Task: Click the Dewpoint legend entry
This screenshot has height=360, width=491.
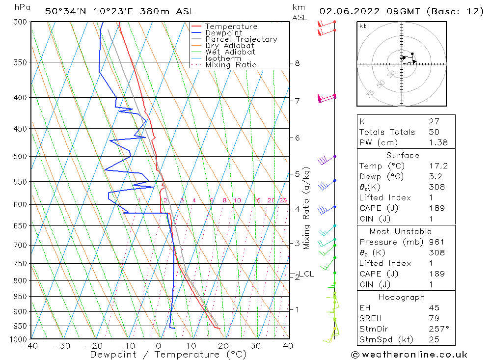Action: (223, 33)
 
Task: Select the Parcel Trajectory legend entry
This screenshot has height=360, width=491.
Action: (241, 39)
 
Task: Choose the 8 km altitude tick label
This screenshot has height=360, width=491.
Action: (297, 63)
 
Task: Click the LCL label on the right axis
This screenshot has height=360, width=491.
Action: (306, 274)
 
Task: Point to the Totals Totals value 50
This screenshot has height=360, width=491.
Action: (434, 132)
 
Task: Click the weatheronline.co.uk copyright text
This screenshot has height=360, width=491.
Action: (409, 354)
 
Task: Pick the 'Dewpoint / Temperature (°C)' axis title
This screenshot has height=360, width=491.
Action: (168, 354)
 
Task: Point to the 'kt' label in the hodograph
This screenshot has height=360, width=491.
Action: (362, 26)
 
